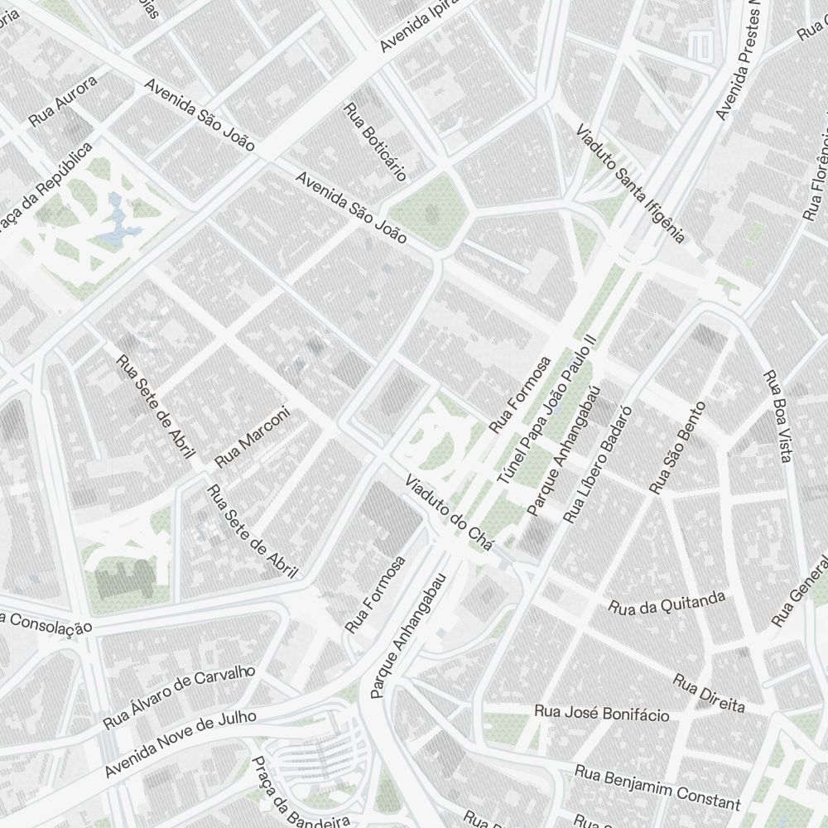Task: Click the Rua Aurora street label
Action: click(x=63, y=102)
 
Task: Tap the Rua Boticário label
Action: click(x=375, y=142)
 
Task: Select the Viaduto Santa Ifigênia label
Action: click(x=631, y=185)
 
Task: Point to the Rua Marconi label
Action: click(x=253, y=436)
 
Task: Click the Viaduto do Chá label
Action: click(x=449, y=513)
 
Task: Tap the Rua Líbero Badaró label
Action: click(x=597, y=465)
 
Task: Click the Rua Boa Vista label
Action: click(x=779, y=417)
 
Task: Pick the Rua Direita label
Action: click(x=709, y=694)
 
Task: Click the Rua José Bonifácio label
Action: click(x=601, y=713)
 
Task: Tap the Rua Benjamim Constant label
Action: click(x=657, y=788)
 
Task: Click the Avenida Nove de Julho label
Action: click(x=181, y=743)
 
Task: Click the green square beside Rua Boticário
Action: click(x=431, y=211)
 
